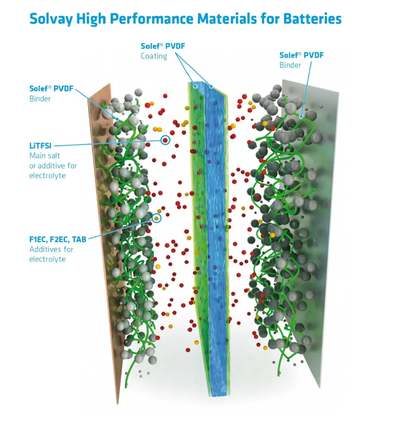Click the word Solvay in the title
click(x=51, y=19)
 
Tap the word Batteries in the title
click(x=313, y=19)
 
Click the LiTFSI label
click(x=40, y=146)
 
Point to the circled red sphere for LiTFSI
click(x=165, y=140)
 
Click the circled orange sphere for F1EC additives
click(x=157, y=218)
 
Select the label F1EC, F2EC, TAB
click(x=58, y=240)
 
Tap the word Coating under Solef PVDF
click(x=154, y=56)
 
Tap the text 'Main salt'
click(x=45, y=156)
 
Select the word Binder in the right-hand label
click(x=290, y=65)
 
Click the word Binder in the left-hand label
click(x=40, y=99)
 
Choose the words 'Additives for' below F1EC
click(x=51, y=249)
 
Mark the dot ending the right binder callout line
click(x=301, y=116)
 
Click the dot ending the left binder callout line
click(x=117, y=119)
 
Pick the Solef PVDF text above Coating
click(x=163, y=46)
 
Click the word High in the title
click(x=91, y=19)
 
